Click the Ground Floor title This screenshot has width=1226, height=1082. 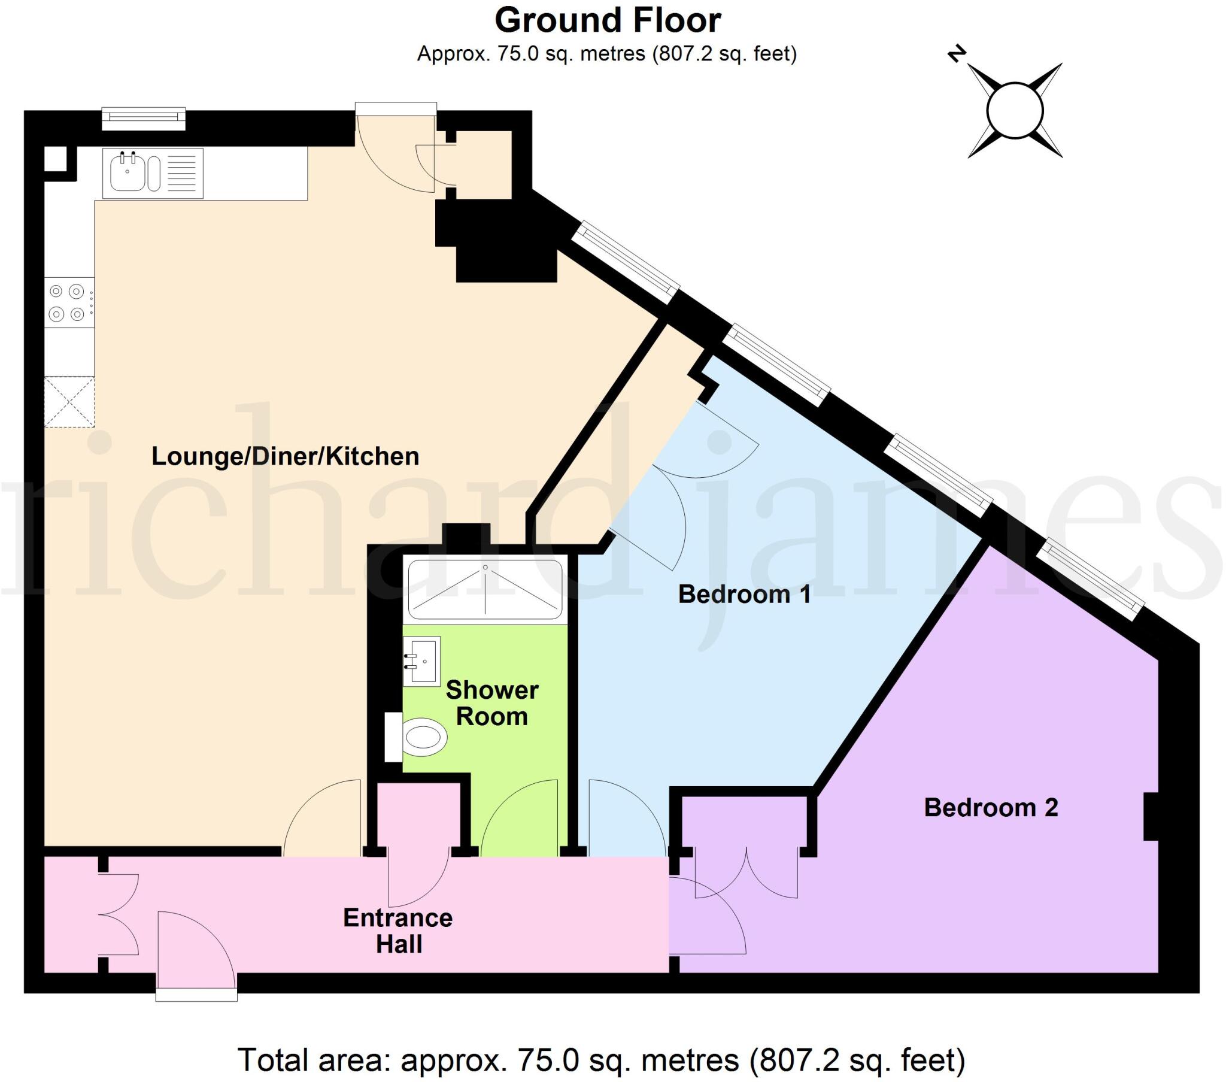607,20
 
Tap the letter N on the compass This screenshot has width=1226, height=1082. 957,53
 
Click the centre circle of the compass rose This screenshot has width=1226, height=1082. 1015,110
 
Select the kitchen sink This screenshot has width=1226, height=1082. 152,173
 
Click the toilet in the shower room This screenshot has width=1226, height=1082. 416,737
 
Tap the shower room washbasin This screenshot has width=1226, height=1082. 421,661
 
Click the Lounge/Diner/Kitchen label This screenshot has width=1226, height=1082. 285,456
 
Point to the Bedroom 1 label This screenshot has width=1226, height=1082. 744,594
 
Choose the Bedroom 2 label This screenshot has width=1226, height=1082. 991,808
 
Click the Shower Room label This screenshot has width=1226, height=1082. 492,704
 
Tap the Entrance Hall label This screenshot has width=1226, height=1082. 398,931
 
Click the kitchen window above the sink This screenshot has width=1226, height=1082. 143,119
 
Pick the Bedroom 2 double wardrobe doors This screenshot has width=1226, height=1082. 746,872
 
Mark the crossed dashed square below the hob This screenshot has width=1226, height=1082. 69,402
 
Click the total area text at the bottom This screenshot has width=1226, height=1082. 602,1060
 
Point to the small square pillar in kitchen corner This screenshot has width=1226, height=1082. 55,159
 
